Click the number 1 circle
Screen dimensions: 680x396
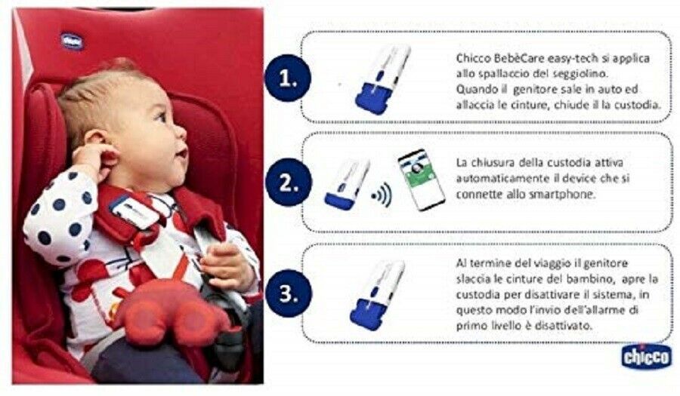(x=289, y=78)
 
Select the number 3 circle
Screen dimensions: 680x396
(x=289, y=293)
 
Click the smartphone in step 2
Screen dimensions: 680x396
(x=421, y=180)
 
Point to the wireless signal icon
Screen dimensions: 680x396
(x=382, y=195)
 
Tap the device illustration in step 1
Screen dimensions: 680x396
(x=382, y=79)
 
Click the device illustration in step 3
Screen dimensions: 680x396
(x=377, y=295)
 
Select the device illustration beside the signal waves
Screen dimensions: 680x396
(x=347, y=185)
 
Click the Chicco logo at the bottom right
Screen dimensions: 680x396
(x=646, y=357)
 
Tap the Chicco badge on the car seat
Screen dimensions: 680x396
(x=72, y=41)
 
